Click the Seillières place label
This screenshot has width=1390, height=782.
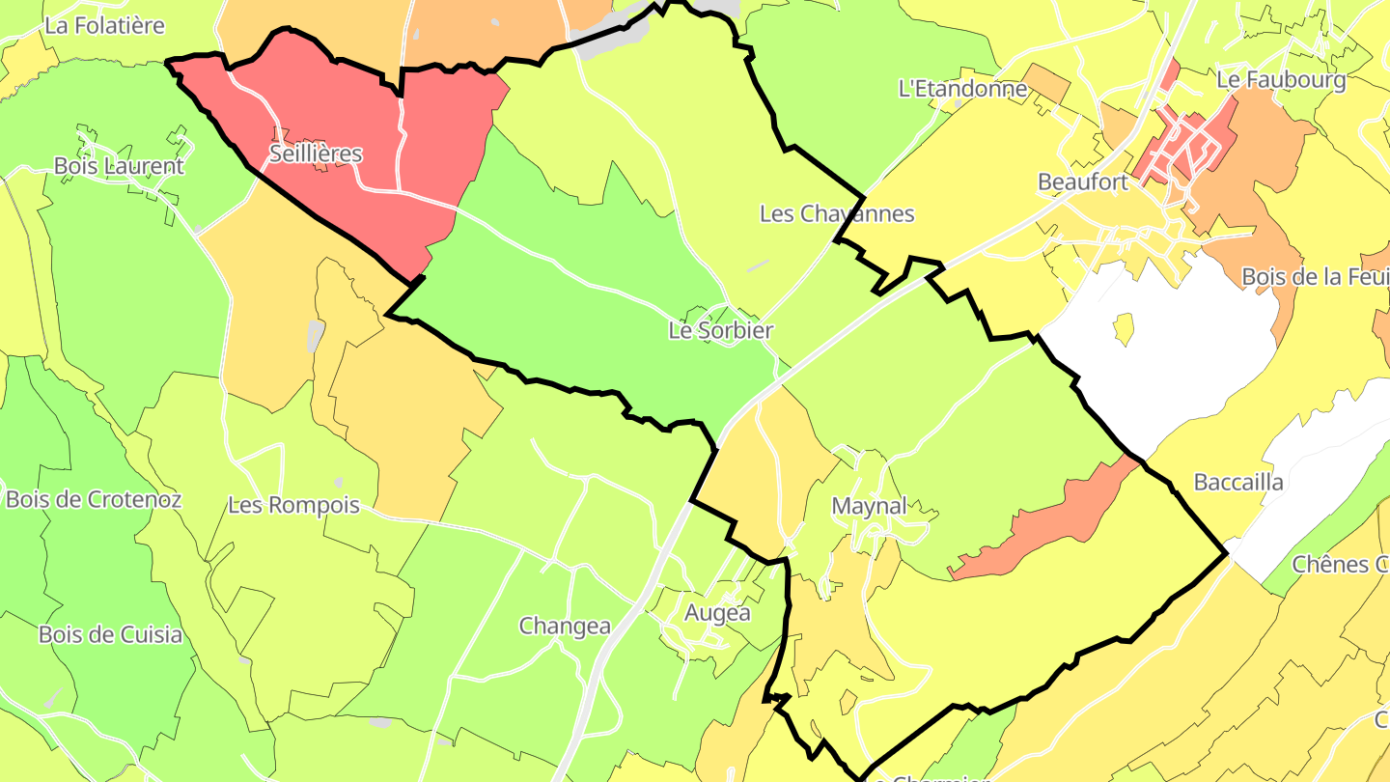(316, 154)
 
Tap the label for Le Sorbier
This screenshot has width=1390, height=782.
(720, 330)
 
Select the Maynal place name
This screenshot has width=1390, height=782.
(869, 506)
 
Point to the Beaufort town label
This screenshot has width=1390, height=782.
(1082, 182)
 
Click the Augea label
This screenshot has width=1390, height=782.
(716, 612)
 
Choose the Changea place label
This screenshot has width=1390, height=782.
(565, 626)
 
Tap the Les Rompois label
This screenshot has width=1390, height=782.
(293, 505)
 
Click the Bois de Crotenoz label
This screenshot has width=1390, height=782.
(93, 499)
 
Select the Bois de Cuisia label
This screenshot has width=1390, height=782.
(110, 634)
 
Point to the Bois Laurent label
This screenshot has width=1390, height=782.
(118, 165)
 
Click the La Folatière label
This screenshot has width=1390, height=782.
(104, 26)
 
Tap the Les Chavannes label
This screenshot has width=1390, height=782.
(836, 213)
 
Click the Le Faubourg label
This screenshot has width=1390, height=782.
(1281, 79)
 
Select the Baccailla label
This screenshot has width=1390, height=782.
(1238, 482)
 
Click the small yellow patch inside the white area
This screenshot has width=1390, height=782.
(1123, 328)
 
